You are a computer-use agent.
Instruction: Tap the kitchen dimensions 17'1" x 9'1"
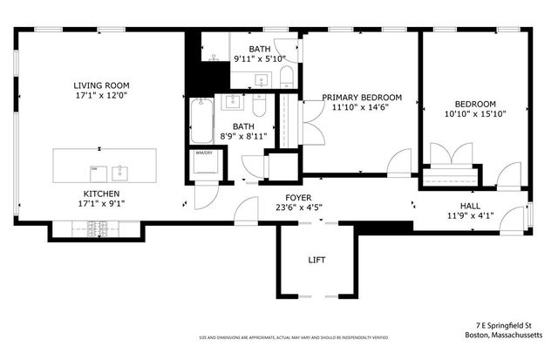click(x=101, y=205)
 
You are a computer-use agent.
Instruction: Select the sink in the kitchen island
click(x=121, y=169)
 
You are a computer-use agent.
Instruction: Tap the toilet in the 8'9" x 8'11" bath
click(x=258, y=106)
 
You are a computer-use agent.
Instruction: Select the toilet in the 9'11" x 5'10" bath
click(x=287, y=83)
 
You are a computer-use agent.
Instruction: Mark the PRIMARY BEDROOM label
click(x=362, y=97)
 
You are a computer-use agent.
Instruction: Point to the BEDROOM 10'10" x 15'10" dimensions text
click(x=475, y=113)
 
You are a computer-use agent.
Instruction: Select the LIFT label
click(x=316, y=260)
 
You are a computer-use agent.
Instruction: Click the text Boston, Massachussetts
click(x=504, y=334)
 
